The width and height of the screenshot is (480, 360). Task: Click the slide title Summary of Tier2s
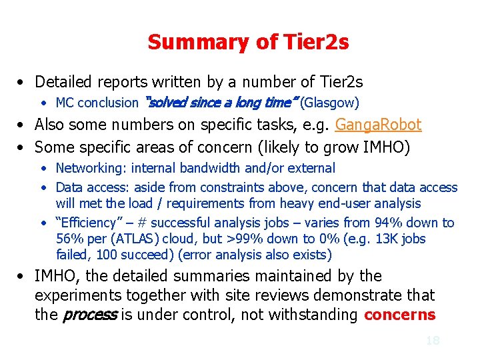(x=248, y=42)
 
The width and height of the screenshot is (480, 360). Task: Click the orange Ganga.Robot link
(x=379, y=125)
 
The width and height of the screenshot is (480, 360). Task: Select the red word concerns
(x=399, y=315)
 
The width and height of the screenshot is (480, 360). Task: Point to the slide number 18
(x=433, y=341)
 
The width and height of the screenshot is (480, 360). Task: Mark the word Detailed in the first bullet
(x=65, y=82)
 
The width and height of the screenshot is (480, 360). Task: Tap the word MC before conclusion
(x=65, y=103)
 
